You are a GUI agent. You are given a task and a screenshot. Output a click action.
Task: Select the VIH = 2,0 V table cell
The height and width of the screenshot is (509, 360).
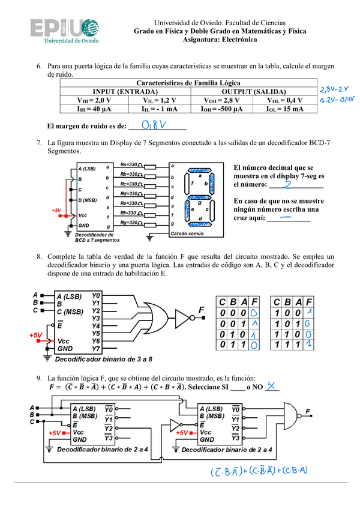click(94, 100)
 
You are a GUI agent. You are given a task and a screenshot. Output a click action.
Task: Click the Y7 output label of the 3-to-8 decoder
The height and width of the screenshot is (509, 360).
click(96, 348)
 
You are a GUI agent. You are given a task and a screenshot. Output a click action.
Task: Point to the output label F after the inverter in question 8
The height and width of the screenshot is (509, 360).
click(200, 310)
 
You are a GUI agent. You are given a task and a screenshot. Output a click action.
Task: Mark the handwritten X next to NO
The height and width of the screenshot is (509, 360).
click(273, 386)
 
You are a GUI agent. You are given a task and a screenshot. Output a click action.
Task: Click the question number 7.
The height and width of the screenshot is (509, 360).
click(38, 143)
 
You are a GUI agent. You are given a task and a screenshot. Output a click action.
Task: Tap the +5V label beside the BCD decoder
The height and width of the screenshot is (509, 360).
click(56, 211)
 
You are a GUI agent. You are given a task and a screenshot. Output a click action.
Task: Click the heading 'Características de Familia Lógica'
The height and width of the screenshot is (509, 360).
click(188, 83)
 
